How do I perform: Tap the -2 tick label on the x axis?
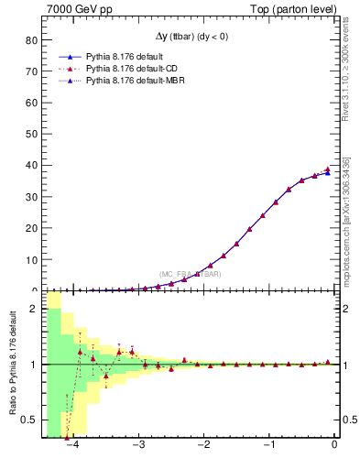coord(203,445)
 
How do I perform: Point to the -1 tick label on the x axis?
coord(268,445)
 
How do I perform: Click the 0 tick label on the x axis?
coord(335,445)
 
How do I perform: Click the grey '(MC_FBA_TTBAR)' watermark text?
coord(190,274)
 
